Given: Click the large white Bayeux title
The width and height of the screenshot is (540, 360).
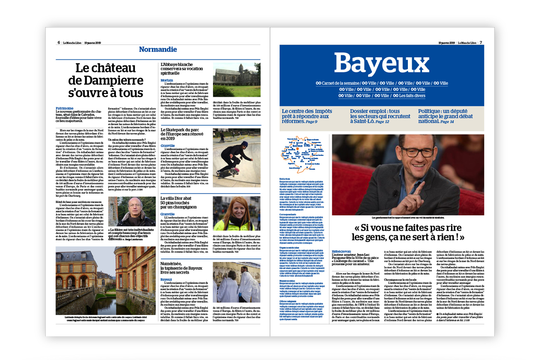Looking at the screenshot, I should [381, 63].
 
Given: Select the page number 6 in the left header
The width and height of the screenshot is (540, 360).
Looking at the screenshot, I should [59, 42].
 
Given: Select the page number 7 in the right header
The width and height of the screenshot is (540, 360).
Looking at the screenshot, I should [481, 42].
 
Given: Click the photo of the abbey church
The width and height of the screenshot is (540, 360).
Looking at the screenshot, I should [237, 80].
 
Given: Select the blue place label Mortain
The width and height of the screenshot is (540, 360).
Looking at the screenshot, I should [167, 80].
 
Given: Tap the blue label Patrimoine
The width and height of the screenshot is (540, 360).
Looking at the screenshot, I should [64, 108].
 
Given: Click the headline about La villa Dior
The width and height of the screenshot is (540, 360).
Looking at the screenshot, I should [182, 202].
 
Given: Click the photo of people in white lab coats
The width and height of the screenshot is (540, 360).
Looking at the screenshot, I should [237, 283].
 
